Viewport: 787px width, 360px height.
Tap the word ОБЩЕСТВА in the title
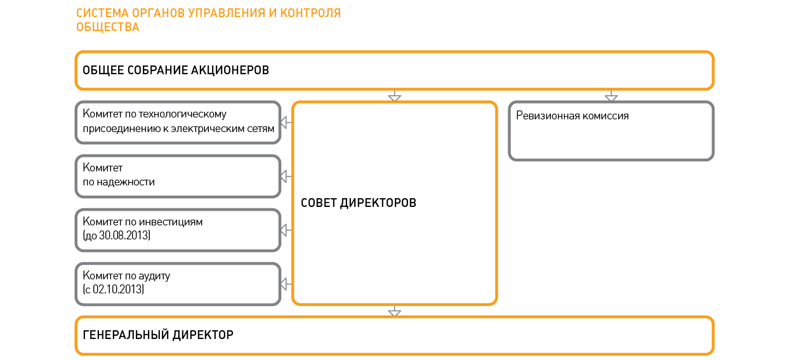108,27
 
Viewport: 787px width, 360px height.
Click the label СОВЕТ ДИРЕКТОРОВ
359,203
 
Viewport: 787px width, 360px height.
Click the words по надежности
119,182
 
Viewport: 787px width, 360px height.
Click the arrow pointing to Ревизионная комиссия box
611,97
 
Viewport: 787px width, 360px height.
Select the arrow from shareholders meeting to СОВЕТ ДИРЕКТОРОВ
394,97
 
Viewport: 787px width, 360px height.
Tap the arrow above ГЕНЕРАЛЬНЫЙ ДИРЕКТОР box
394,311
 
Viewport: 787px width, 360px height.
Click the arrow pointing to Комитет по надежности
287,176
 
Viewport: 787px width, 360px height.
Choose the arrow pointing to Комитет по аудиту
287,283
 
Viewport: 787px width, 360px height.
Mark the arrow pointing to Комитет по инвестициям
287,229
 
